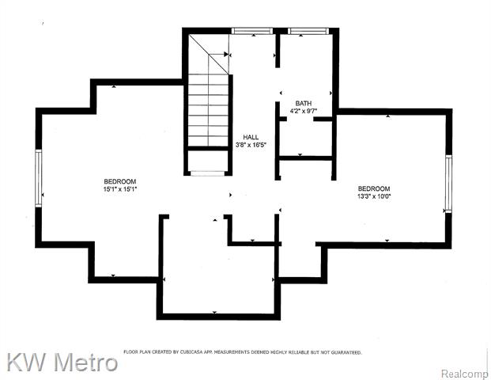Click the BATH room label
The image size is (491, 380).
coord(304,103)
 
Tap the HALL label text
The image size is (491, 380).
coord(251,137)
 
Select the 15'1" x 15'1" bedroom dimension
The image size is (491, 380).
coord(120,189)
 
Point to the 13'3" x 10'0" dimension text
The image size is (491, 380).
coord(374,196)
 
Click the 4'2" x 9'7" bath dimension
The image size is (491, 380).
coord(304,111)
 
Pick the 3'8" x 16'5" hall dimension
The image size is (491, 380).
coord(251,145)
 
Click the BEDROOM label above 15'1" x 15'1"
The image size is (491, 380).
coord(120,181)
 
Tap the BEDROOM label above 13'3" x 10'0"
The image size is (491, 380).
coord(374,188)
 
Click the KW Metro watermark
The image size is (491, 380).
coord(62,362)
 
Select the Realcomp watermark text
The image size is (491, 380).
coord(465,374)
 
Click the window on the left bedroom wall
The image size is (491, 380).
coord(39,178)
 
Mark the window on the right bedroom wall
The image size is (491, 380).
coord(449,184)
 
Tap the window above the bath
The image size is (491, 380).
coord(308,31)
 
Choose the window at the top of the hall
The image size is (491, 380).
coord(252,31)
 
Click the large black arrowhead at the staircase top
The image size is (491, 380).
coord(226,55)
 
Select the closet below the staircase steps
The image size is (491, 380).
coord(208,161)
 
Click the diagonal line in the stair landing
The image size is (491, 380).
coord(209,54)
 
